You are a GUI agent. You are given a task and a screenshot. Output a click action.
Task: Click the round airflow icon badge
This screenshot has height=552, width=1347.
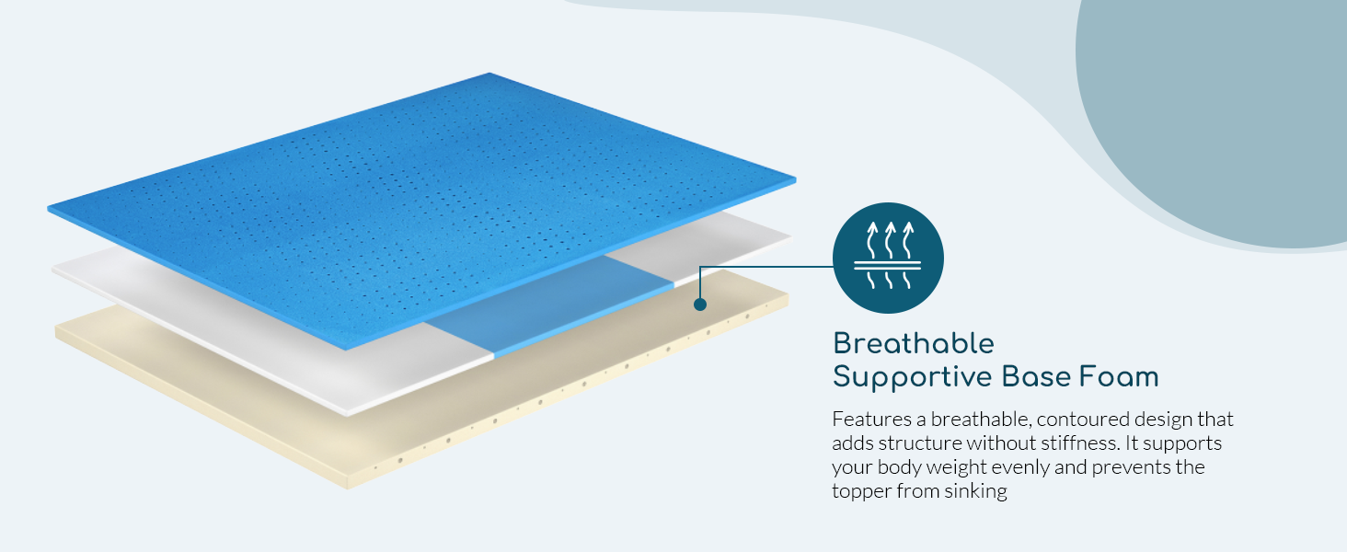(888, 258)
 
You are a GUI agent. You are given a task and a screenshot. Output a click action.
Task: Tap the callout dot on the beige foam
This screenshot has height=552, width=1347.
(700, 305)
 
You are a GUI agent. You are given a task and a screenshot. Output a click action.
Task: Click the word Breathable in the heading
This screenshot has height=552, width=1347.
(914, 344)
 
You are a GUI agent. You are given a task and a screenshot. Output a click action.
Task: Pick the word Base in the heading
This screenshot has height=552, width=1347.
(1036, 377)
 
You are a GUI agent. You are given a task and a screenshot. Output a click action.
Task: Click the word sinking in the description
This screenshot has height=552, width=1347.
(975, 491)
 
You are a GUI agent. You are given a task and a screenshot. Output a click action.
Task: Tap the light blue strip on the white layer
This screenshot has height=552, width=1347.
(548, 306)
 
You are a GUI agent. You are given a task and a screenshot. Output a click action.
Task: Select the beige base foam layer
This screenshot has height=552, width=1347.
(421, 385)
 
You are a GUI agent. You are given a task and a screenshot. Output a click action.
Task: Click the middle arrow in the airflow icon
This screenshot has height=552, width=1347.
(890, 240)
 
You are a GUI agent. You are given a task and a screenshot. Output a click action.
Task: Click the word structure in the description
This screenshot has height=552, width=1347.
(919, 443)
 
